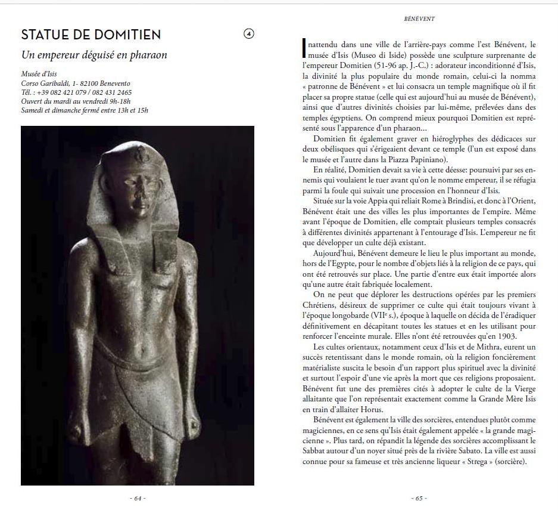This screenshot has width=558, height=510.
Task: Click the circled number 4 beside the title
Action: [249, 34]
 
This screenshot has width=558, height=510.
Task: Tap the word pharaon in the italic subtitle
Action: [147, 55]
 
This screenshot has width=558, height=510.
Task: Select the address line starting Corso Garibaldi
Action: [76, 84]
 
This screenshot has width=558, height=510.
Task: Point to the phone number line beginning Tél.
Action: [76, 92]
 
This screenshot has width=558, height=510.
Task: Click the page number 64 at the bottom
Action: [138, 497]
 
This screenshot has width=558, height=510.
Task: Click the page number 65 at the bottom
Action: [419, 497]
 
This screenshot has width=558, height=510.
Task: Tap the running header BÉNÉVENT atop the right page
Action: [419, 18]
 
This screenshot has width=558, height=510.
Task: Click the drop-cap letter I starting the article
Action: [304, 45]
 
